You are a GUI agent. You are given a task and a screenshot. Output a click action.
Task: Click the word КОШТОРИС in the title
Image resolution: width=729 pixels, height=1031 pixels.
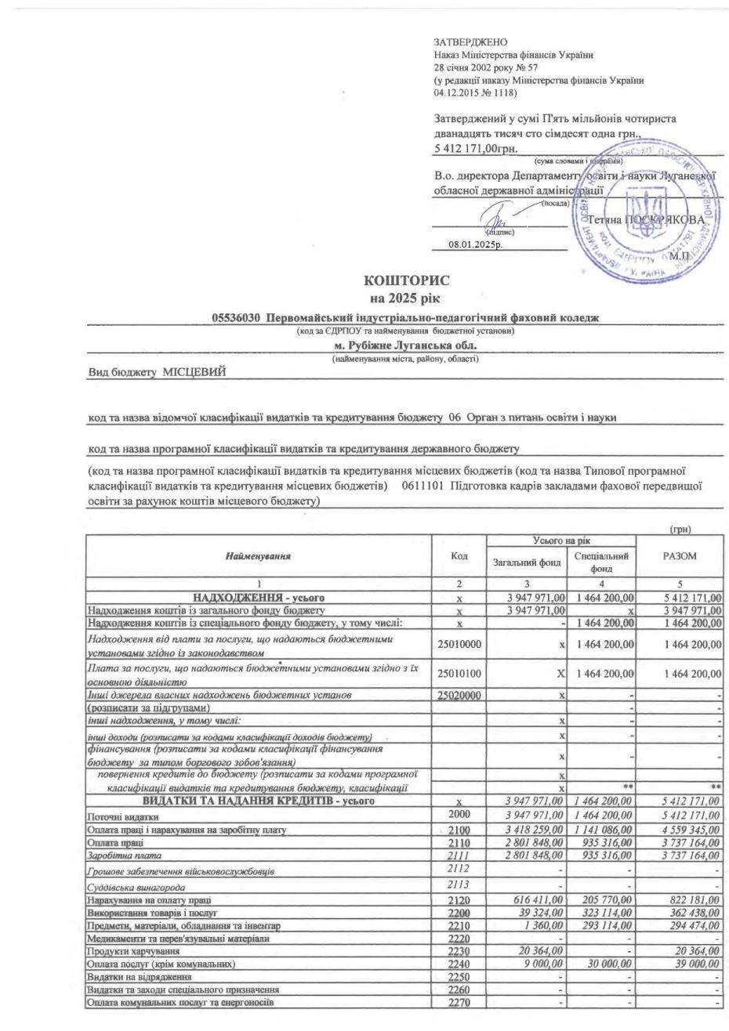pos(407,280)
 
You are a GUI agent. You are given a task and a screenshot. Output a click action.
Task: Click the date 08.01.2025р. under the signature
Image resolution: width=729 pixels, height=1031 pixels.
pos(473,244)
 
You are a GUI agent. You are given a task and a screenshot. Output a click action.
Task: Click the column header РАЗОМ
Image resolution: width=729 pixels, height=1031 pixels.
pos(679,557)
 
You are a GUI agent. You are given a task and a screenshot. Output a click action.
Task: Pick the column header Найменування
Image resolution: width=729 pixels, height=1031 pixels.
pos(258,555)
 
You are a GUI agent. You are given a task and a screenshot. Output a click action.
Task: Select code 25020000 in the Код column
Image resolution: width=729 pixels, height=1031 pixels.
pos(459,695)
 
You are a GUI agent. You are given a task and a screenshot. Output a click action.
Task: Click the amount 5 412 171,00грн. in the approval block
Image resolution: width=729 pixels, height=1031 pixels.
pos(477,148)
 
